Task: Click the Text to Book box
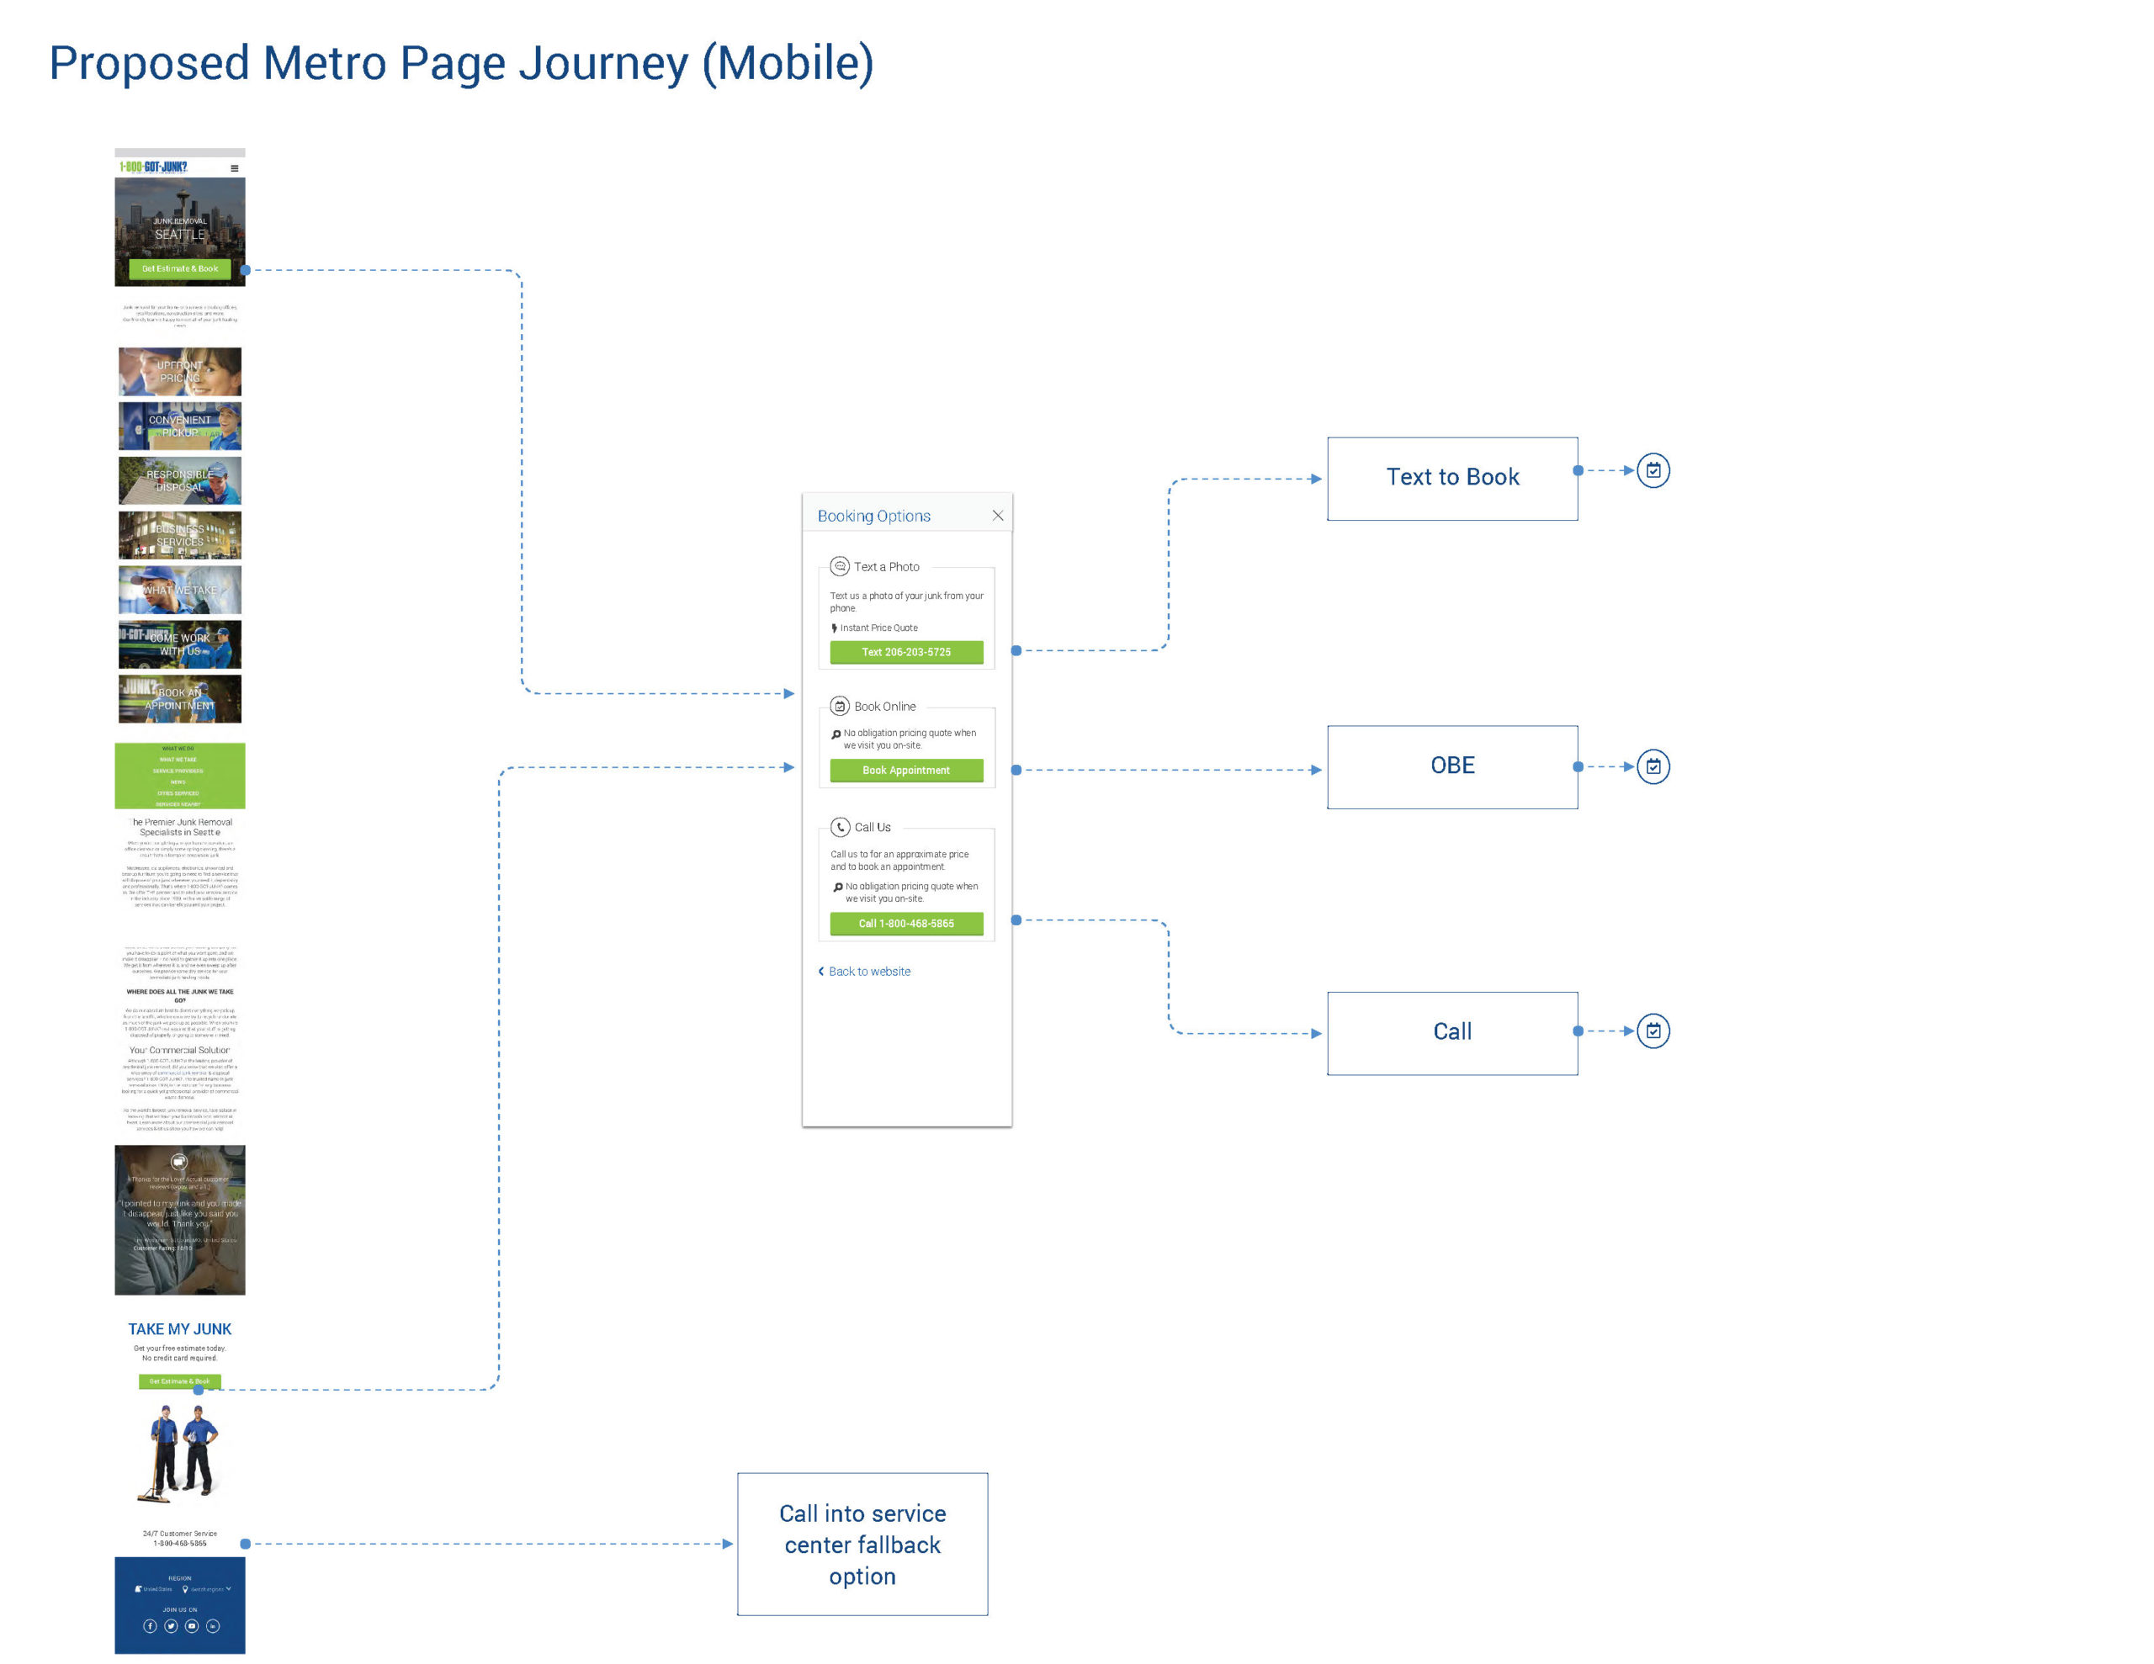(1451, 479)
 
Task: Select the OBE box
(1451, 766)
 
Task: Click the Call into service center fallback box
(862, 1544)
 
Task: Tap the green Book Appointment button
(905, 771)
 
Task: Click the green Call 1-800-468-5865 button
(905, 923)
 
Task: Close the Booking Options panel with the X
(997, 516)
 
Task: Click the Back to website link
(868, 972)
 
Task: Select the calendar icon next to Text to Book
(1653, 470)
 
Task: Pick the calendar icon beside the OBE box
(1653, 766)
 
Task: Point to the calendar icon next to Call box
(1653, 1031)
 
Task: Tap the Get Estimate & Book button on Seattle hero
(179, 268)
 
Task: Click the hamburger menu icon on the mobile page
(234, 168)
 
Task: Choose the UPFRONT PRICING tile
(179, 372)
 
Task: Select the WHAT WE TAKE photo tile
(179, 590)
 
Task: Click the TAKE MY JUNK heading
(179, 1328)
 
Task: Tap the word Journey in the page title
(602, 63)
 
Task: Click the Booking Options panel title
(873, 516)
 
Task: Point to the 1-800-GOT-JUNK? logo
(154, 167)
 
